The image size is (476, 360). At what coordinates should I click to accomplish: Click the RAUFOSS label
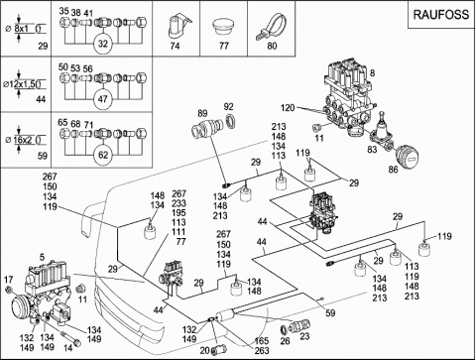click(441, 15)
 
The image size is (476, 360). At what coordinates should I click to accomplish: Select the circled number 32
click(103, 44)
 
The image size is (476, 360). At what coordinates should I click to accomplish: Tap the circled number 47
click(103, 99)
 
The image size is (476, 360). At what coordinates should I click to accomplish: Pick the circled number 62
click(103, 155)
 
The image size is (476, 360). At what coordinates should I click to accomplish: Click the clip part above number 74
click(178, 25)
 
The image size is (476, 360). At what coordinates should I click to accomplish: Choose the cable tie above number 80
click(270, 27)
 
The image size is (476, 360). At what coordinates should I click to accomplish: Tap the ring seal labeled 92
click(231, 120)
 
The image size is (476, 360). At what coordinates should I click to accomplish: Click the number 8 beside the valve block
click(372, 72)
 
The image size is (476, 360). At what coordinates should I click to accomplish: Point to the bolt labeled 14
click(71, 339)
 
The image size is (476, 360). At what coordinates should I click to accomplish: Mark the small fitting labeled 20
click(218, 349)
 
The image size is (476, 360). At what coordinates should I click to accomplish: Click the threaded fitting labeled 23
click(299, 325)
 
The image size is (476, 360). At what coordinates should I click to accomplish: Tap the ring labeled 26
click(284, 330)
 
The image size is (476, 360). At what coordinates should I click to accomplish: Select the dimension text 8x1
click(22, 29)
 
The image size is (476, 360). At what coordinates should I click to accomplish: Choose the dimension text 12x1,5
click(23, 84)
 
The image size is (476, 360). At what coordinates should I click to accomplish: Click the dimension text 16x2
click(23, 140)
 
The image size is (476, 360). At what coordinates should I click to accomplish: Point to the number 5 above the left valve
click(42, 257)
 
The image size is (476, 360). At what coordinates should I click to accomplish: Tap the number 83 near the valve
click(372, 150)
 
